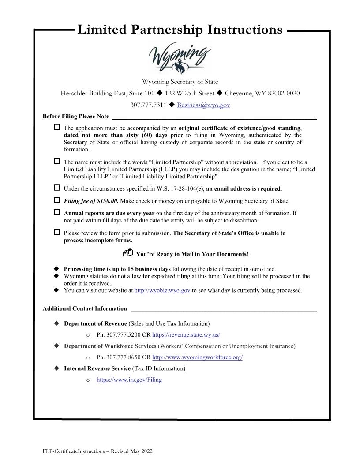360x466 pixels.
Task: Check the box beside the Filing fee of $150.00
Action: [57, 200]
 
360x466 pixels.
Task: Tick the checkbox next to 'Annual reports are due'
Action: [57, 212]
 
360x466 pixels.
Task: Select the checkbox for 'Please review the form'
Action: [57, 232]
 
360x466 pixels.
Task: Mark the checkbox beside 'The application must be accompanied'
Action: [57, 128]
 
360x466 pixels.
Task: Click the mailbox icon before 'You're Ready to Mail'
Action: [128, 253]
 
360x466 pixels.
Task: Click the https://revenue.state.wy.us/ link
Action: [186, 335]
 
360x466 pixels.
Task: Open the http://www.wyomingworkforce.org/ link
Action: [197, 357]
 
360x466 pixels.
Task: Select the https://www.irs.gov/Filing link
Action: [129, 379]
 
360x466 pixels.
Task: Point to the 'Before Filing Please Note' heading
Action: [76, 116]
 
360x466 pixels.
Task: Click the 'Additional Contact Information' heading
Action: [85, 308]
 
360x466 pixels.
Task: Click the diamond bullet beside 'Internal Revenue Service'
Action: [56, 368]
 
